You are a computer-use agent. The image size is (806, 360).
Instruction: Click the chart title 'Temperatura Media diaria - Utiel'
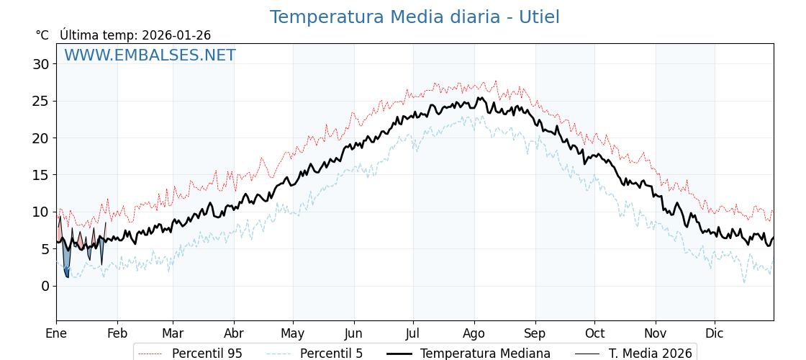pos(415,17)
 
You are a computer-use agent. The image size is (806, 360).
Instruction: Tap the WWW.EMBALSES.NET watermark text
pos(150,55)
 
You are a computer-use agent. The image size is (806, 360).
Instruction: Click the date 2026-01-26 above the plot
pos(176,35)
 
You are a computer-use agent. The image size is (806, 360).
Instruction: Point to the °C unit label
pos(42,35)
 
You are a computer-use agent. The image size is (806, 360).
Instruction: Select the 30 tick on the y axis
pos(41,64)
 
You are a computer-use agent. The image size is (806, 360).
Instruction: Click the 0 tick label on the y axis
pos(45,286)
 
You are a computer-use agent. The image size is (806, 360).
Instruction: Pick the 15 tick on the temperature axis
pos(41,175)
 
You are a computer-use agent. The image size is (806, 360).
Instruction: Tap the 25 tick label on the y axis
pos(41,101)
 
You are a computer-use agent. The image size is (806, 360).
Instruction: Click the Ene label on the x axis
pos(56,333)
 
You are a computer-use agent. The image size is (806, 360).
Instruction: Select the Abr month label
pos(234,333)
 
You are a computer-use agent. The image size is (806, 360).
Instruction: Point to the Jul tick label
pos(413,333)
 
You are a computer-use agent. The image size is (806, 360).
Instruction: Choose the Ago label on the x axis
pos(474,333)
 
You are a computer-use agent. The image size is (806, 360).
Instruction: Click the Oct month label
pos(594,333)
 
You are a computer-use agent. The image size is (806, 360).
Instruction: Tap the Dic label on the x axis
pos(715,333)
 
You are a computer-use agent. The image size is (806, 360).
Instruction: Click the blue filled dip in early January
pos(66,259)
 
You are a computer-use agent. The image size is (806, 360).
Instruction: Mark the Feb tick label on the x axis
pos(117,333)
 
